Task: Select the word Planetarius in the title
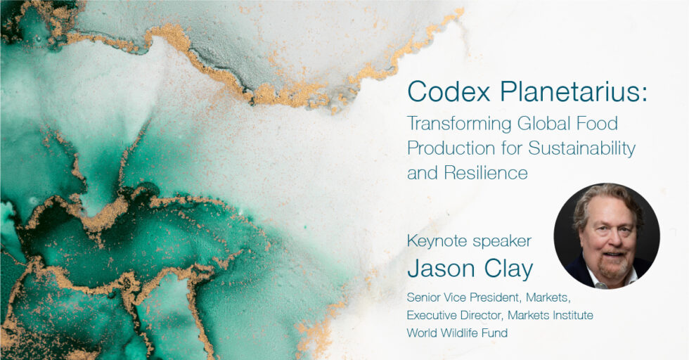click(568, 92)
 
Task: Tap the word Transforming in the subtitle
click(459, 124)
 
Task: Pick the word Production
click(451, 148)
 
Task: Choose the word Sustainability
click(582, 149)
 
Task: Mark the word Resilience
click(486, 173)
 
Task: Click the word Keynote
click(436, 241)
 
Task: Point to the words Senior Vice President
click(465, 297)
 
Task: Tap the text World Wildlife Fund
click(457, 333)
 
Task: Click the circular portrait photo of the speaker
click(606, 236)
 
